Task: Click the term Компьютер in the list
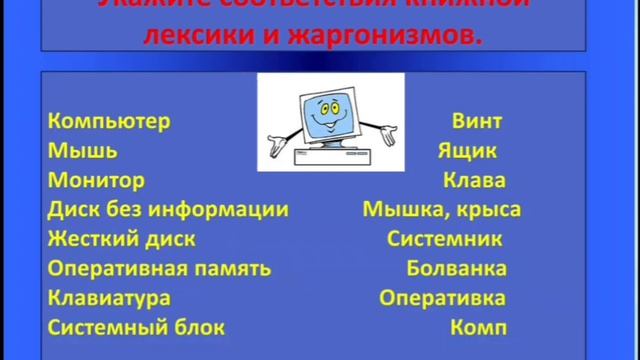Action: (109, 122)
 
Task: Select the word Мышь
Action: (82, 152)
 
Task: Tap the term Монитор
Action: (96, 181)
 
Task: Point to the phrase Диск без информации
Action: (168, 210)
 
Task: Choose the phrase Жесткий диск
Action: (121, 240)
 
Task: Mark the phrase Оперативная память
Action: (159, 269)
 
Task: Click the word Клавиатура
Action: (108, 298)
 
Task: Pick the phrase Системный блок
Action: (136, 327)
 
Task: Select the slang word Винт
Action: (476, 122)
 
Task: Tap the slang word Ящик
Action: (467, 152)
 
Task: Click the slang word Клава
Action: (474, 181)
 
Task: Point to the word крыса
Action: (491, 210)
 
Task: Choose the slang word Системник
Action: (444, 240)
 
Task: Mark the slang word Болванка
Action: (456, 269)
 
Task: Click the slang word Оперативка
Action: (442, 298)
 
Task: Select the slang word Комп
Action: (479, 327)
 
